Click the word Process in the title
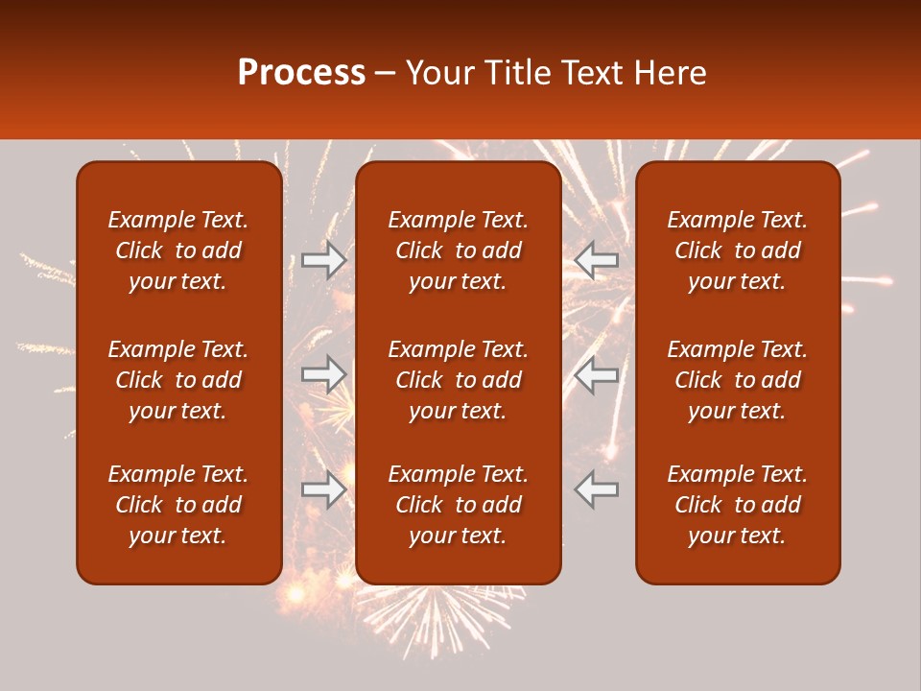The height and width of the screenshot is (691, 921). coord(301,73)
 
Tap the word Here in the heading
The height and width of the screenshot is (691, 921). coord(671,73)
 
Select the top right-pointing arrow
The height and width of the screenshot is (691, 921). coord(324,260)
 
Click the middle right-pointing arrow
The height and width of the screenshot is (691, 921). coord(324,374)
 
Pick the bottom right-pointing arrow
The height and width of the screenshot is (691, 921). coord(324,489)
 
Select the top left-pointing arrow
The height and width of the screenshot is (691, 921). coord(597,260)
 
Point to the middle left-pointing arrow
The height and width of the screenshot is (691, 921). coord(597,374)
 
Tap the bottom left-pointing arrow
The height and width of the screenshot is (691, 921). coord(597,489)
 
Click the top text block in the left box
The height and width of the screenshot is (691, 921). coord(178,250)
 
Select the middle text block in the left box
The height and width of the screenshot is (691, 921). coord(178,380)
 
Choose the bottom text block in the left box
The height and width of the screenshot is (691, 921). coord(178,505)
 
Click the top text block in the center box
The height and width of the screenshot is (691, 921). coord(458,250)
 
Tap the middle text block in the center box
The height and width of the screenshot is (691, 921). coord(458,380)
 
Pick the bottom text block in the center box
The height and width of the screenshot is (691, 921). coord(458,505)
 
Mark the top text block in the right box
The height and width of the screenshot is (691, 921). coord(737,250)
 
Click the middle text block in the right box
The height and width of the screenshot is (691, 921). coord(737,380)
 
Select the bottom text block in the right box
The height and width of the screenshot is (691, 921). coord(737,505)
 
